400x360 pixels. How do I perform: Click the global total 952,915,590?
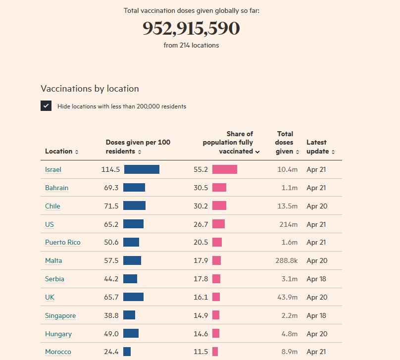click(x=191, y=29)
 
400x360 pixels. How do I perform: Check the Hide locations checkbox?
click(x=46, y=106)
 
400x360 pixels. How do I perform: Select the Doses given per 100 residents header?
click(x=138, y=147)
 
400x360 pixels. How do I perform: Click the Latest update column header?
click(x=320, y=147)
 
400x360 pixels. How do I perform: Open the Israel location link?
click(x=53, y=169)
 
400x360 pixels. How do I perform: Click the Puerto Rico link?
click(x=62, y=242)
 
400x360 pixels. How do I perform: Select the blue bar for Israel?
click(x=142, y=169)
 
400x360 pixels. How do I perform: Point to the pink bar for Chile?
click(x=219, y=206)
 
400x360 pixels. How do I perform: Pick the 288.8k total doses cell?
click(x=286, y=260)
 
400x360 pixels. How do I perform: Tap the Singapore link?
click(x=60, y=315)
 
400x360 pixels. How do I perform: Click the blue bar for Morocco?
click(x=127, y=352)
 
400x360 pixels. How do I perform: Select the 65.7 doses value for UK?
click(x=111, y=297)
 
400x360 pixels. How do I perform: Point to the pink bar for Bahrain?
click(x=219, y=188)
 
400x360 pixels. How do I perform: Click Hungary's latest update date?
click(x=317, y=334)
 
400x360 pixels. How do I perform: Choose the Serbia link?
click(x=54, y=279)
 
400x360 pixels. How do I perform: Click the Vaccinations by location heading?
click(x=90, y=89)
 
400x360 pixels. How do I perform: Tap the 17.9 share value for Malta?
click(x=200, y=260)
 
